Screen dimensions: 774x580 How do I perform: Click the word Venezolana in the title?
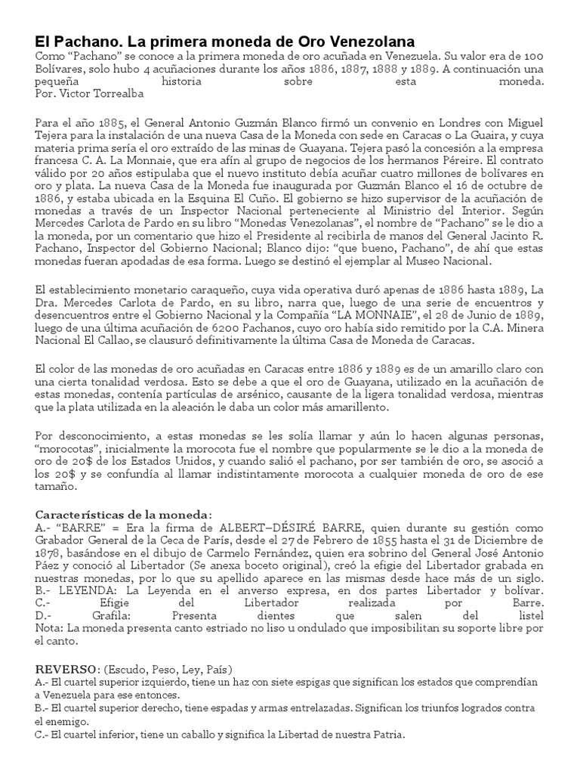coord(370,42)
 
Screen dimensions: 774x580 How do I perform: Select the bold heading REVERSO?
coord(68,670)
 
